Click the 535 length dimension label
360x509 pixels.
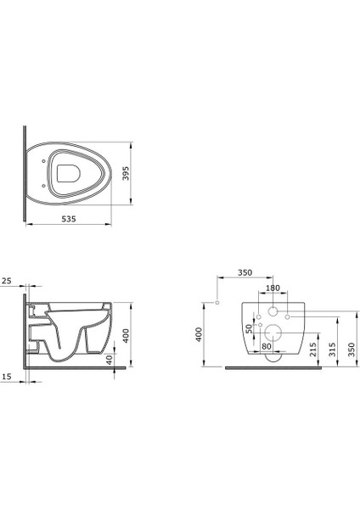tap(69, 219)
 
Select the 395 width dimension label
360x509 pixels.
tap(126, 173)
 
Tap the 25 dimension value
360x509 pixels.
tap(7, 281)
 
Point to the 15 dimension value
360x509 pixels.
tap(7, 376)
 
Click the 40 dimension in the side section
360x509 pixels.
tap(110, 360)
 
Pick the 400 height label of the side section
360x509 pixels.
tap(126, 335)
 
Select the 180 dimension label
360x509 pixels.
tap(273, 288)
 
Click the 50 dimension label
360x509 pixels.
tap(249, 329)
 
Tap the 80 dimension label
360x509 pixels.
tap(267, 346)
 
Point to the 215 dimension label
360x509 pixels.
tap(313, 350)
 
